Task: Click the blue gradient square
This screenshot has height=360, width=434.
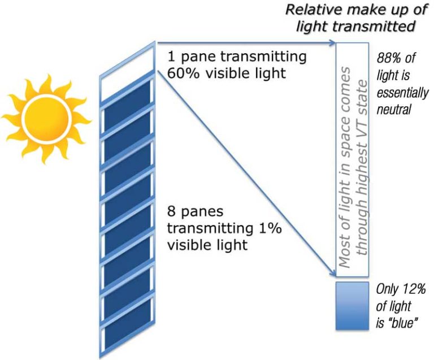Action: pos(352,306)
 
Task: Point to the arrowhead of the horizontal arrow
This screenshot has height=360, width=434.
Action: pos(332,42)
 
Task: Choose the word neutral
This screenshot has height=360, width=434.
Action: pos(394,110)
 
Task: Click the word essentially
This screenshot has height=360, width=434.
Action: pos(402,93)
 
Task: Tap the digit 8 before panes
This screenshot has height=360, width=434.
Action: pos(172,212)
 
